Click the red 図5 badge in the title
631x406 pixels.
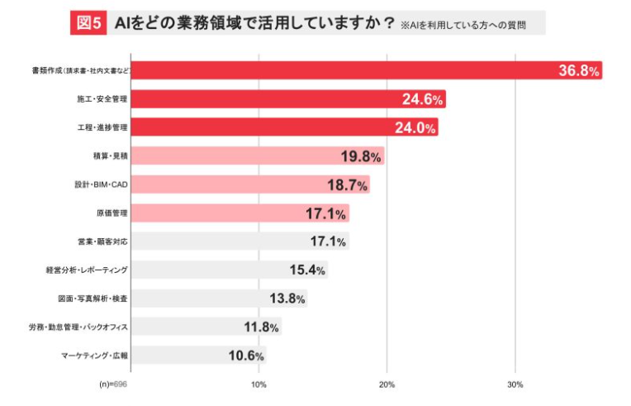coord(88,23)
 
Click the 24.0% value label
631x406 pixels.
coord(418,128)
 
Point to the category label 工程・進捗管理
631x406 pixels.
coord(102,127)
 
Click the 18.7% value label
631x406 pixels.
coord(347,184)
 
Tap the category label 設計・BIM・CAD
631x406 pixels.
coord(101,184)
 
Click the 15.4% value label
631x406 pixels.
coord(307,270)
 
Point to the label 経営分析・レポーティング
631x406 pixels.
coord(87,270)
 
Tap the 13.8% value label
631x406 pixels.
coord(287,299)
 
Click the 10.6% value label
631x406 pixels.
coord(246,356)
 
